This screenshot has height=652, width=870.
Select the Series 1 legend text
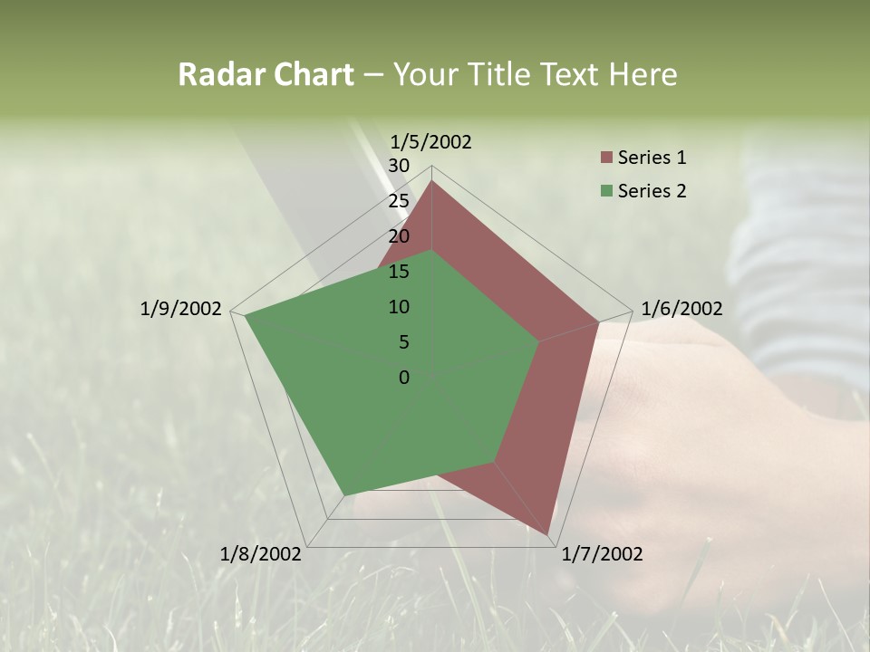(652, 158)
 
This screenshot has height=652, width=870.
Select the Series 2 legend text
(652, 191)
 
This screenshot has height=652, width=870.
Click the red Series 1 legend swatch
(606, 158)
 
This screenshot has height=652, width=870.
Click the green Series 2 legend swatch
(606, 191)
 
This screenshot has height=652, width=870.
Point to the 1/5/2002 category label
(430, 141)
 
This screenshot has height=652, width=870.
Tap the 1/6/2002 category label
(681, 309)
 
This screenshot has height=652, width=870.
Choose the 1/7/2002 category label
(602, 554)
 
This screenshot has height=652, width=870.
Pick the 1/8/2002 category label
(261, 554)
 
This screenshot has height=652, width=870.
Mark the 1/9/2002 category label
(180, 309)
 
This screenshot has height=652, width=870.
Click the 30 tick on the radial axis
(399, 166)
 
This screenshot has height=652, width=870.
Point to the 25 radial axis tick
(399, 201)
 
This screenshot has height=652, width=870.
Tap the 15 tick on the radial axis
(399, 272)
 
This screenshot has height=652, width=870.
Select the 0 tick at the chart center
(404, 378)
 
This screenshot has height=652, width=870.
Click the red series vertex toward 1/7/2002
(548, 534)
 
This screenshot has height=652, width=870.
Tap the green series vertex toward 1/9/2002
(246, 315)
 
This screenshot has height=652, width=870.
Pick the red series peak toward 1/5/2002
(432, 181)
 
